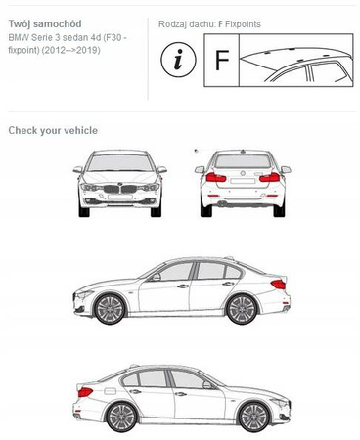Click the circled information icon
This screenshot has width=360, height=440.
tap(178, 60)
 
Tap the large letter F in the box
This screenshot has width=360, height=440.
tap(222, 60)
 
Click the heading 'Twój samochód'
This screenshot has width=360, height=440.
tap(45, 23)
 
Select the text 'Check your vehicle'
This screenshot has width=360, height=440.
tap(53, 130)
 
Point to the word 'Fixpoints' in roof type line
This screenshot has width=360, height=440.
tap(243, 24)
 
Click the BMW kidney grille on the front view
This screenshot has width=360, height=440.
tap(119, 189)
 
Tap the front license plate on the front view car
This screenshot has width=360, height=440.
tap(120, 197)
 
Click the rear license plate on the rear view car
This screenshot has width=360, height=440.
tap(243, 181)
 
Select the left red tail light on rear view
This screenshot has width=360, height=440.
tap(216, 178)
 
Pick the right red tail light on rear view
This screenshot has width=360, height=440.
tap(270, 178)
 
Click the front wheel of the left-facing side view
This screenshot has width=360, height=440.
tap(110, 309)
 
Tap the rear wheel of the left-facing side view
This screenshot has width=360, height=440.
tap(242, 309)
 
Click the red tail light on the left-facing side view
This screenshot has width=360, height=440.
tap(278, 285)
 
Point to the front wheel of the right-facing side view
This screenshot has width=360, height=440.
tap(254, 418)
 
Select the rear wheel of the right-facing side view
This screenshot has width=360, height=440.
tap(121, 418)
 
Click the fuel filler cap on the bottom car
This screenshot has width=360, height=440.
tap(111, 390)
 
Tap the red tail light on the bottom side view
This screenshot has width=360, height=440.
tap(85, 392)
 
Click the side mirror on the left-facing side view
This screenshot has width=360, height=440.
tap(157, 277)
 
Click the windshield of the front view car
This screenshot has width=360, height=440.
tap(120, 162)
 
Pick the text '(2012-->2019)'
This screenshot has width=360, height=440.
tap(70, 50)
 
